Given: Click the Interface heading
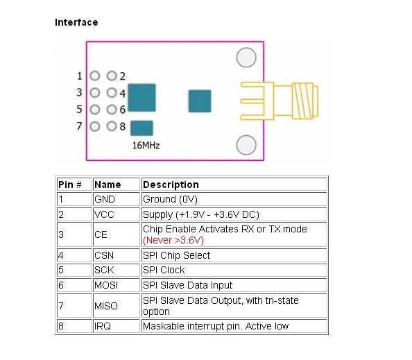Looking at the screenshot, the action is [76, 22].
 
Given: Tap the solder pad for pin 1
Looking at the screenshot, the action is [95, 76].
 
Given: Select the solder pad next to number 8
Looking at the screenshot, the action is [112, 126].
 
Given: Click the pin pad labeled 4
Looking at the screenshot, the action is [112, 93].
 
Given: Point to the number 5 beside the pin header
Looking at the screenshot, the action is [79, 110].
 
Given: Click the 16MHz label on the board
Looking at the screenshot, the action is [146, 145].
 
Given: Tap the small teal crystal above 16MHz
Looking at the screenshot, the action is [141, 128].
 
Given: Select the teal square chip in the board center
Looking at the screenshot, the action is [200, 101].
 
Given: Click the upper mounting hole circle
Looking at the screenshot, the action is [246, 58].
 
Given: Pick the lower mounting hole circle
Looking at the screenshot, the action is [246, 145].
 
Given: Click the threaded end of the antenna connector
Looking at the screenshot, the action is [304, 101].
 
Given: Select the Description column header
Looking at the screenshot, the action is [171, 185].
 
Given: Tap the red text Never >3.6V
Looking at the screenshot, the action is [173, 240].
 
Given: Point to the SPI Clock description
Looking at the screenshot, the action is [164, 270].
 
